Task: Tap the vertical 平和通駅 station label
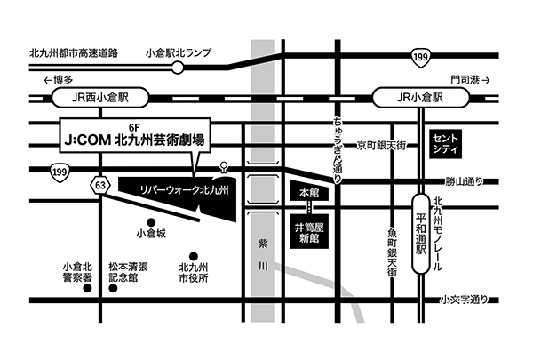[x=423, y=232]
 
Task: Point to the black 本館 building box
[x=308, y=193]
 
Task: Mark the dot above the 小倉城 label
[x=151, y=220]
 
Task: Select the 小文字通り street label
[x=464, y=302]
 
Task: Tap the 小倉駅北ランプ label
[x=178, y=52]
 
